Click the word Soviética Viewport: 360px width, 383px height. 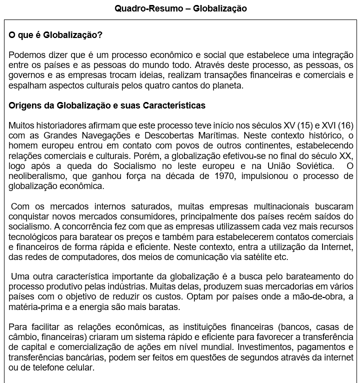coord(308,165)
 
